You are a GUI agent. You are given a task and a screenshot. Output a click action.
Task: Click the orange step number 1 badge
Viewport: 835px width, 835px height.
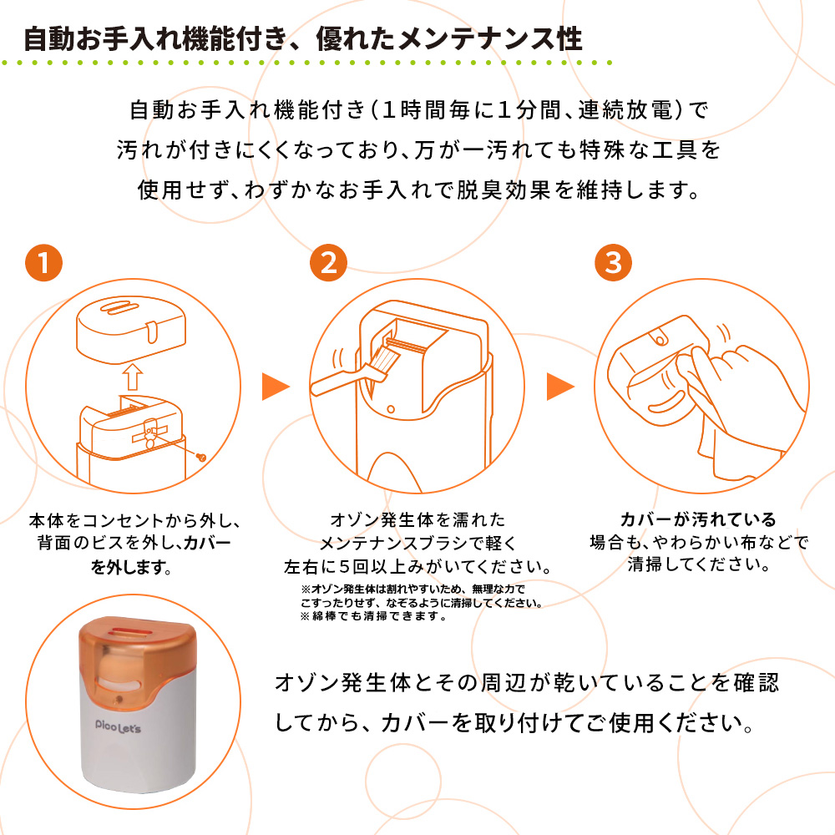43,263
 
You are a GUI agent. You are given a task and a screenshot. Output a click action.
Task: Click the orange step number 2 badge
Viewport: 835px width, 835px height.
328,263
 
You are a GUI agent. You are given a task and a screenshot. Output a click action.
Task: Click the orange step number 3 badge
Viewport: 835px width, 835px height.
613,263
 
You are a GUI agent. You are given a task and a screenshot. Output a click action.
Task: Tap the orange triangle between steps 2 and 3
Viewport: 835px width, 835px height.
559,386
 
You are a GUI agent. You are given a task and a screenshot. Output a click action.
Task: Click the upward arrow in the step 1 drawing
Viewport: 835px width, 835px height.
133,376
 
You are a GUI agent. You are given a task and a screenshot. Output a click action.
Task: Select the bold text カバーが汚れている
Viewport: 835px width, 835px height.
697,519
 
